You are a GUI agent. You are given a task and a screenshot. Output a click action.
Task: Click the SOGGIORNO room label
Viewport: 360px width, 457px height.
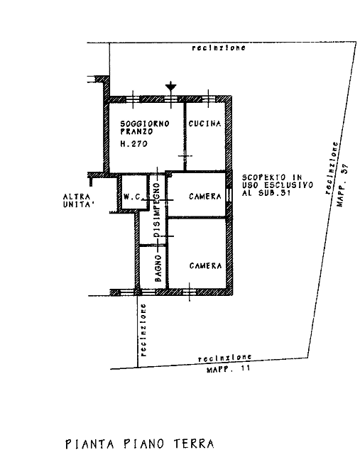pyautogui.click(x=145, y=123)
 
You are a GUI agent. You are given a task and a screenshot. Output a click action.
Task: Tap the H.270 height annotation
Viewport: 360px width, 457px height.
pyautogui.click(x=134, y=143)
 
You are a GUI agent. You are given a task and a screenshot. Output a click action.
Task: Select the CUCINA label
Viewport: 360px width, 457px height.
pyautogui.click(x=204, y=123)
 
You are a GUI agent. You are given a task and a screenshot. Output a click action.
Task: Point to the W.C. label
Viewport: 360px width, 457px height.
pyautogui.click(x=133, y=197)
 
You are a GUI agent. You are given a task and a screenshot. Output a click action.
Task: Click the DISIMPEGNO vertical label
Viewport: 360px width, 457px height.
pyautogui.click(x=157, y=210)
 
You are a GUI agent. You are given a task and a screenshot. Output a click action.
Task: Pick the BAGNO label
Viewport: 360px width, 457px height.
pyautogui.click(x=158, y=268)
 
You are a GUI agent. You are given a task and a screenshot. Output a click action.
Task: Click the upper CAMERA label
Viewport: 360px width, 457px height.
pyautogui.click(x=204, y=197)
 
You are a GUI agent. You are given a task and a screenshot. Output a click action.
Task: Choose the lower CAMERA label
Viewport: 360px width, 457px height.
pyautogui.click(x=205, y=266)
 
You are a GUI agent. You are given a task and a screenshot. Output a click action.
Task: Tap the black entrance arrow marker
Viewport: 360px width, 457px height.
pyautogui.click(x=170, y=87)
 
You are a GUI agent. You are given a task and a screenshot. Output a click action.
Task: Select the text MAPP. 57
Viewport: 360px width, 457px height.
pyautogui.click(x=342, y=185)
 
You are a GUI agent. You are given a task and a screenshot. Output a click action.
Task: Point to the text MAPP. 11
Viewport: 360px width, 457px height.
pyautogui.click(x=229, y=369)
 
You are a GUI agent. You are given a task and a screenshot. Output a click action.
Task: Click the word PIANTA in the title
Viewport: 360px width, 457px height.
pyautogui.click(x=89, y=444)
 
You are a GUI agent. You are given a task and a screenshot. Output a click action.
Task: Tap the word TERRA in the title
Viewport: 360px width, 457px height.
pyautogui.click(x=194, y=444)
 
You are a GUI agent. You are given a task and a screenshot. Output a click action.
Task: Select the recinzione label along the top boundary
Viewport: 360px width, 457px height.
pyautogui.click(x=219, y=48)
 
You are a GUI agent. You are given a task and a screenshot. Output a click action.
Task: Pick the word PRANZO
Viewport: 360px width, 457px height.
pyautogui.click(x=136, y=131)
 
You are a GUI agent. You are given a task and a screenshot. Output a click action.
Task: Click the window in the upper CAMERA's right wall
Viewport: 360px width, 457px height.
pyautogui.click(x=229, y=194)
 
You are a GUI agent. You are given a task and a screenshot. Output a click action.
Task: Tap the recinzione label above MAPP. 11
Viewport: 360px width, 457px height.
pyautogui.click(x=224, y=358)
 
